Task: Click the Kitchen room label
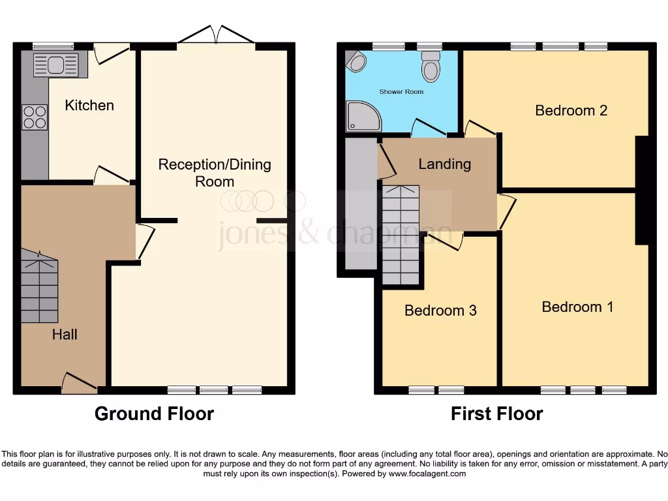tap(89, 105)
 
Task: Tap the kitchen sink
tap(55, 65)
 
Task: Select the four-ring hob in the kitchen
tap(35, 117)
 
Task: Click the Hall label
tap(65, 335)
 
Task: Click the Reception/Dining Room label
tap(215, 172)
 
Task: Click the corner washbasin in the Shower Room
tap(356, 62)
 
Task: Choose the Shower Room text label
tap(401, 92)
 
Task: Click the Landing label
tap(444, 164)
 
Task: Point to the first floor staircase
tap(400, 235)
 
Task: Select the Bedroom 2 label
tap(571, 110)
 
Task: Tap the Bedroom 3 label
tap(440, 311)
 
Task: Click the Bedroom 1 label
tap(577, 307)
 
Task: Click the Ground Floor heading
tap(154, 414)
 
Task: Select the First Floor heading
tap(496, 414)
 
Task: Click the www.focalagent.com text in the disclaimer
tap(427, 474)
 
